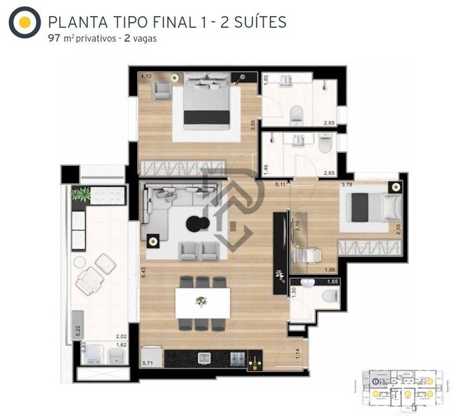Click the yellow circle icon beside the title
24,22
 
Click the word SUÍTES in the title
260,22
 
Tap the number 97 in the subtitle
54,39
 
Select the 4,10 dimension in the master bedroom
146,77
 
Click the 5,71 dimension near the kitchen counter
147,363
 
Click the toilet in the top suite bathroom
296,115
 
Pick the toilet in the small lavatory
331,296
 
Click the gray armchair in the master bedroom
162,90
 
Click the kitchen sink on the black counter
205,358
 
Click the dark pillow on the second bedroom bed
360,208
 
